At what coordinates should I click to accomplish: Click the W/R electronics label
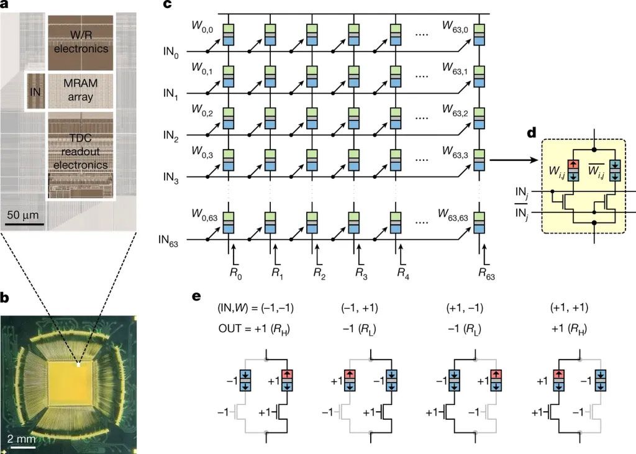pyautogui.click(x=81, y=42)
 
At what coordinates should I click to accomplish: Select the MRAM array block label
pyautogui.click(x=81, y=91)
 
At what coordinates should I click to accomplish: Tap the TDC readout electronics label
pyautogui.click(x=81, y=152)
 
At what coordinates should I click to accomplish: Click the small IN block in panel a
pyautogui.click(x=35, y=91)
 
